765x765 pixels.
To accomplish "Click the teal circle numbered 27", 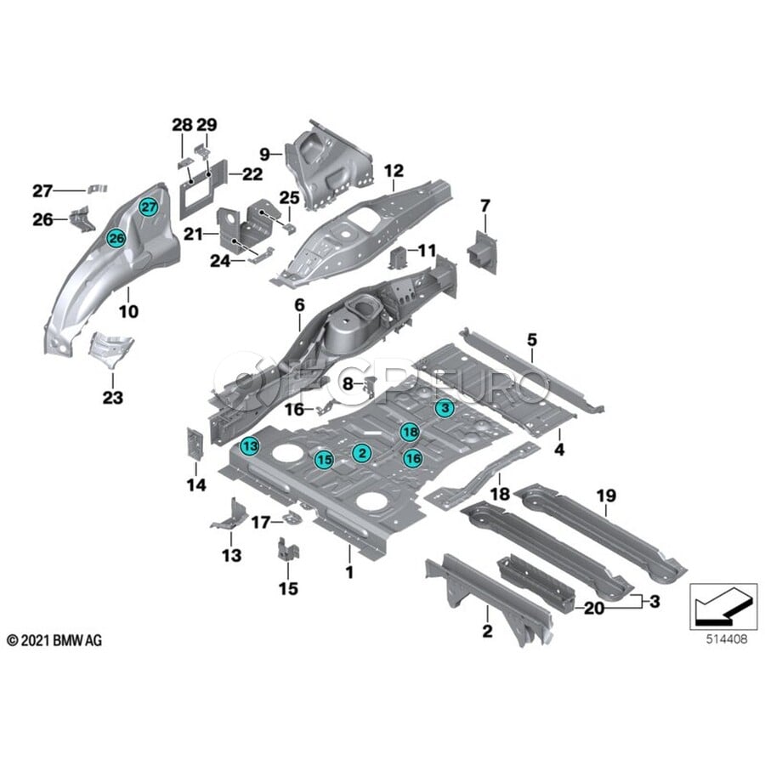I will (149, 207).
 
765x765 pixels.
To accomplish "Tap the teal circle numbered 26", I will (116, 239).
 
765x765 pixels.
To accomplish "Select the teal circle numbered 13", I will (249, 445).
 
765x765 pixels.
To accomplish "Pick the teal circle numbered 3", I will (443, 409).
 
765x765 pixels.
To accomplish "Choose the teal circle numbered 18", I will (409, 431).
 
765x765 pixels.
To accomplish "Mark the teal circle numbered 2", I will (361, 453).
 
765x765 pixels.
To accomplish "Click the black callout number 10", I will (127, 312).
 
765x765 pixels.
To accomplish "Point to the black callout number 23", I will (113, 397).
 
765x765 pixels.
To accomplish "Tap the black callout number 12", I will (393, 171).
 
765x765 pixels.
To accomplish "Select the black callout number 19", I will (605, 496).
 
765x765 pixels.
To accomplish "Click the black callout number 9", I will (264, 154).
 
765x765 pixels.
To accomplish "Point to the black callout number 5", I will (531, 341).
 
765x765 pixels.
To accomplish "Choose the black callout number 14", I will (196, 485).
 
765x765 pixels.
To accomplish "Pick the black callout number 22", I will (252, 174).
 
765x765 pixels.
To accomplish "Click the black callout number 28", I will (182, 125).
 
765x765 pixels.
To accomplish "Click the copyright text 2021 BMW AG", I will (54, 639).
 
